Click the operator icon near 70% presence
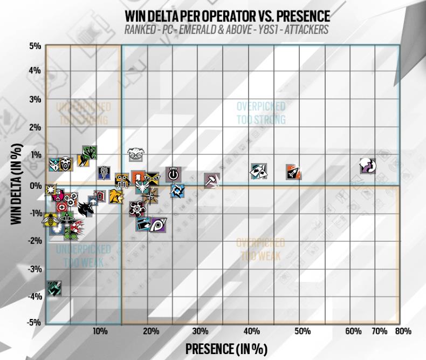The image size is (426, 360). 368,166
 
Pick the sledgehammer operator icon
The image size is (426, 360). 212,181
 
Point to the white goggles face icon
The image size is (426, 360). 136,155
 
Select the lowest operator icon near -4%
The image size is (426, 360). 53,288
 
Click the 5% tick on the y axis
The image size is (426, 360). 35,46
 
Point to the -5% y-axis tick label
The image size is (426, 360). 34,323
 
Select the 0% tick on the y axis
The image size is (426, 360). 35,186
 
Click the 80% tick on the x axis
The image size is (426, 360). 403,331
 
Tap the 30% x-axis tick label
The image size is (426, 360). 199,331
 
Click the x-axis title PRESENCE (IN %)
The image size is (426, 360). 226,349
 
